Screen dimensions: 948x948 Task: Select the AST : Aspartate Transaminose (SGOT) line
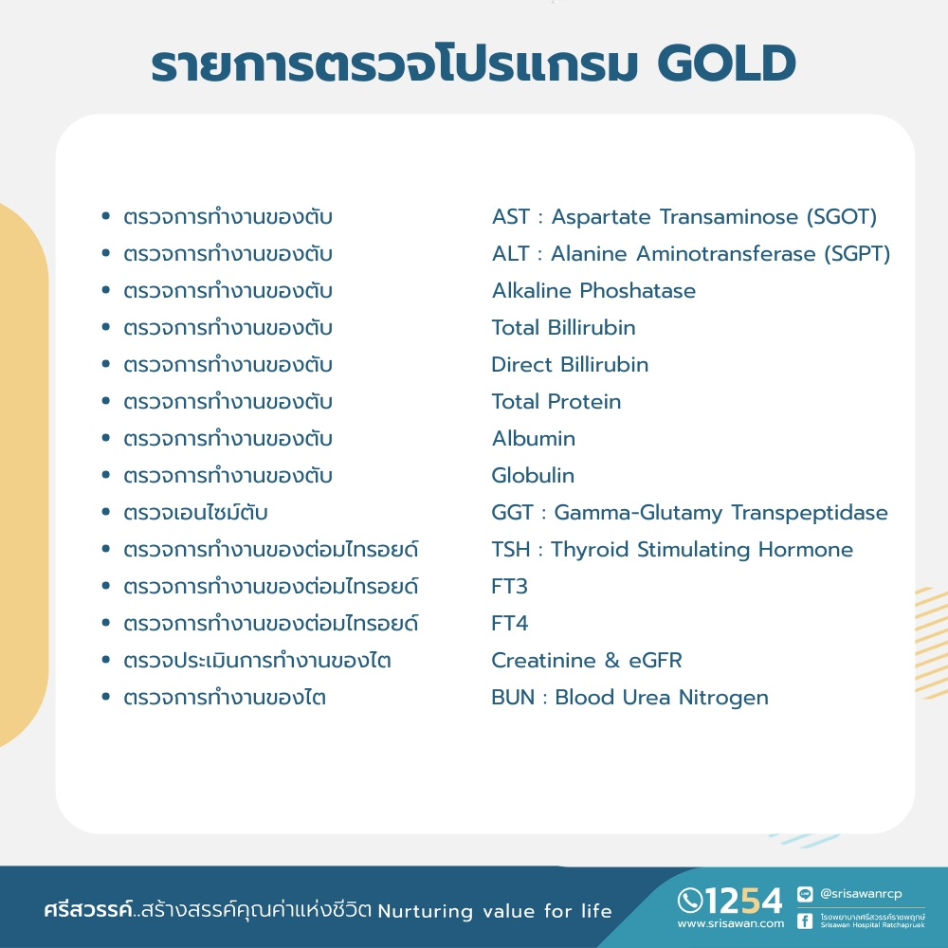[x=684, y=216]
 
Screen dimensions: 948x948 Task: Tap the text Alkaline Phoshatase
[x=593, y=290]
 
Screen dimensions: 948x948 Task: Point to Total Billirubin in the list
[x=563, y=327]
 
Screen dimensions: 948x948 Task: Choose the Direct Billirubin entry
[x=570, y=364]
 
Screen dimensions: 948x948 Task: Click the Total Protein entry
[x=556, y=401]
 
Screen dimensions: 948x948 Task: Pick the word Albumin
[x=533, y=438]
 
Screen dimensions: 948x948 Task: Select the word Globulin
[x=533, y=475]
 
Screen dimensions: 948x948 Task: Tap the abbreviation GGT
[x=512, y=512]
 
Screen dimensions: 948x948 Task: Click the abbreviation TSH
[x=510, y=549]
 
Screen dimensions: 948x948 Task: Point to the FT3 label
[x=510, y=586]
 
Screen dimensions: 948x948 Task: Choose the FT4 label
[x=510, y=623]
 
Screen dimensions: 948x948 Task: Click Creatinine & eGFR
[x=587, y=660]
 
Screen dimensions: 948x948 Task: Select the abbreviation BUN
[x=513, y=697]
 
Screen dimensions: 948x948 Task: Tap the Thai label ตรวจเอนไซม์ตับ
[x=195, y=512]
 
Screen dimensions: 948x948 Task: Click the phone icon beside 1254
[x=690, y=901]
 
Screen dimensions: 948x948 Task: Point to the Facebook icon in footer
[x=805, y=921]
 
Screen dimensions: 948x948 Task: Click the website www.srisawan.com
[x=730, y=923]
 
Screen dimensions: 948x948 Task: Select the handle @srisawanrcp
[x=861, y=893]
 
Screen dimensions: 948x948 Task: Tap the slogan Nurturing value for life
[x=495, y=910]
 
